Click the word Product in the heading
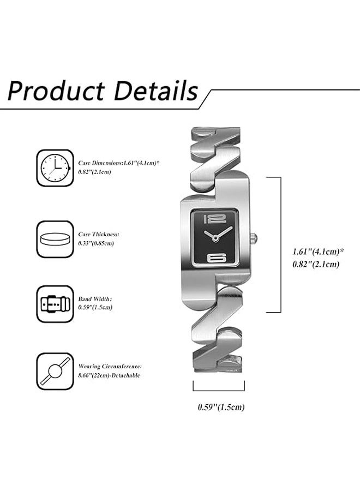(x=56, y=91)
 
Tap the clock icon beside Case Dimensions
(x=55, y=168)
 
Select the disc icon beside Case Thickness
(x=55, y=239)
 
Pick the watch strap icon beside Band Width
(x=55, y=304)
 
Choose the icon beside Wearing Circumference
(x=55, y=372)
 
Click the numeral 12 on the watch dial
(x=214, y=219)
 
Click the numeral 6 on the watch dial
(x=217, y=259)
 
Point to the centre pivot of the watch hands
(x=215, y=239)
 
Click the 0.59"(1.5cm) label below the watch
(x=221, y=407)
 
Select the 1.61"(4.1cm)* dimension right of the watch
(x=319, y=252)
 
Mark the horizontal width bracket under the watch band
(x=219, y=390)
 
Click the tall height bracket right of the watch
(x=280, y=244)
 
